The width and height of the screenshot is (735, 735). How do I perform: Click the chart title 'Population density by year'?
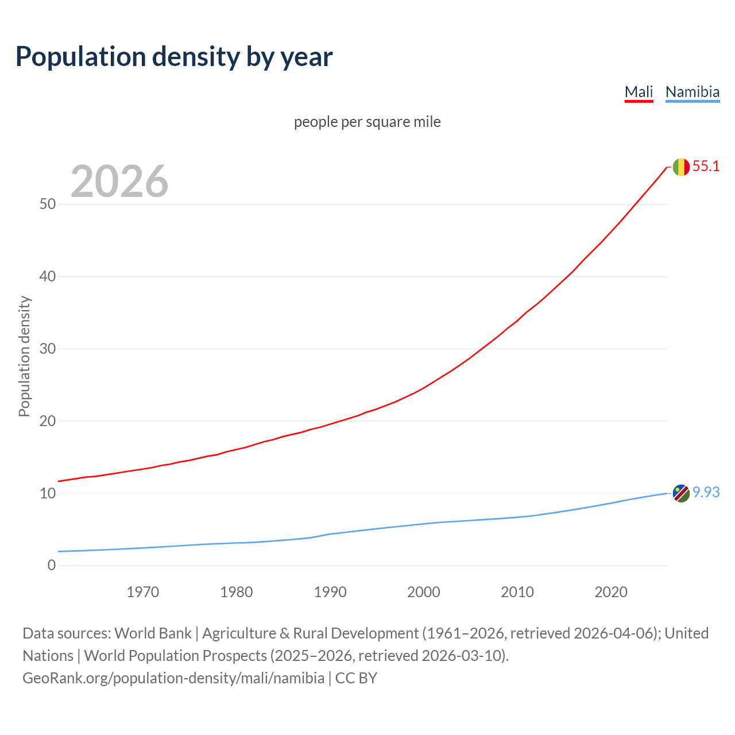tap(174, 56)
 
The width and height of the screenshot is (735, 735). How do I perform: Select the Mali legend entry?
tap(639, 92)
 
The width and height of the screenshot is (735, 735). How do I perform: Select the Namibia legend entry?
tap(692, 92)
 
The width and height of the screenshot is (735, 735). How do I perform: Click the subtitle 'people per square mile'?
tap(367, 122)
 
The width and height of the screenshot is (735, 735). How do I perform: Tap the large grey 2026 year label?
tap(119, 181)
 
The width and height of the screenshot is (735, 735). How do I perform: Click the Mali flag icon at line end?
tap(681, 167)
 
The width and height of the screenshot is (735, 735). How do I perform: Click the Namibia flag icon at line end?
tap(681, 493)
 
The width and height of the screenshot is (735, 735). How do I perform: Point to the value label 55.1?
tap(706, 167)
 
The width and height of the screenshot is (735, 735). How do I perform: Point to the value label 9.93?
tap(706, 493)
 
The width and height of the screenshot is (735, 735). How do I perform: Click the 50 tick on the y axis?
tap(48, 204)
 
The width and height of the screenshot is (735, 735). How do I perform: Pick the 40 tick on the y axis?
tap(48, 277)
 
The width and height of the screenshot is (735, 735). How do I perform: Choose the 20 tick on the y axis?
tap(48, 421)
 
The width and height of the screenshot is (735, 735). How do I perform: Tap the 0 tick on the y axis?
tap(52, 566)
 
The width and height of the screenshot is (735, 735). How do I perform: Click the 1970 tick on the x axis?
tap(142, 592)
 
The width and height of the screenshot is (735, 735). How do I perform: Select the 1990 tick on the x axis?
tap(330, 592)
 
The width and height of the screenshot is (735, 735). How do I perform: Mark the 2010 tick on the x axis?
tap(517, 592)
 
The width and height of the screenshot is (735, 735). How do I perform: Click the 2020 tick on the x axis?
tap(611, 592)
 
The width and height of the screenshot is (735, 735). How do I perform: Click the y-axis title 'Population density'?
tap(24, 356)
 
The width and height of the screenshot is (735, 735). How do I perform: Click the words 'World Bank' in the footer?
tap(153, 633)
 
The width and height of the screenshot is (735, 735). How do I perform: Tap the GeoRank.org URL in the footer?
tap(173, 678)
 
